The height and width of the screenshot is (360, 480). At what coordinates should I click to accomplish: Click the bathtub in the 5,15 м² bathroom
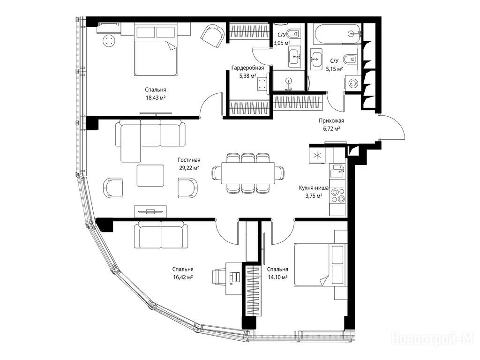336,34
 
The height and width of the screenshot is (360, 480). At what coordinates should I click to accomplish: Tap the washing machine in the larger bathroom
353,83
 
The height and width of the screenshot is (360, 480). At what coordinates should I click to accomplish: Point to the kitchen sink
337,171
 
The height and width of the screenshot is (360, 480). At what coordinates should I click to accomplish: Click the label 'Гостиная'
189,160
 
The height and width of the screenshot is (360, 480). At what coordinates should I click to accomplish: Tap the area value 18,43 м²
156,97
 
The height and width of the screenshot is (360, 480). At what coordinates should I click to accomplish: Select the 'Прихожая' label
329,120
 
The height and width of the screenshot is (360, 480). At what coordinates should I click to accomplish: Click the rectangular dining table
248,173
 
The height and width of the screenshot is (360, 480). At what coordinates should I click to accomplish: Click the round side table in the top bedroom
109,40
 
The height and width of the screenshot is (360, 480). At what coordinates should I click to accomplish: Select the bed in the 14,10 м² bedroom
320,265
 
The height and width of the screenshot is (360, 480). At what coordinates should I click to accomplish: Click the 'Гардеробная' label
247,67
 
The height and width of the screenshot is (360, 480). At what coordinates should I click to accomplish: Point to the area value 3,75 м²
314,196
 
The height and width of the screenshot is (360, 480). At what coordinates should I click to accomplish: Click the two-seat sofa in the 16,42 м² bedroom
161,235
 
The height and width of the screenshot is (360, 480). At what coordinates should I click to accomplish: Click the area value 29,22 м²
189,167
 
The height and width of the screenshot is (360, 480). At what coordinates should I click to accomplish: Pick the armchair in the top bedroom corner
212,36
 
